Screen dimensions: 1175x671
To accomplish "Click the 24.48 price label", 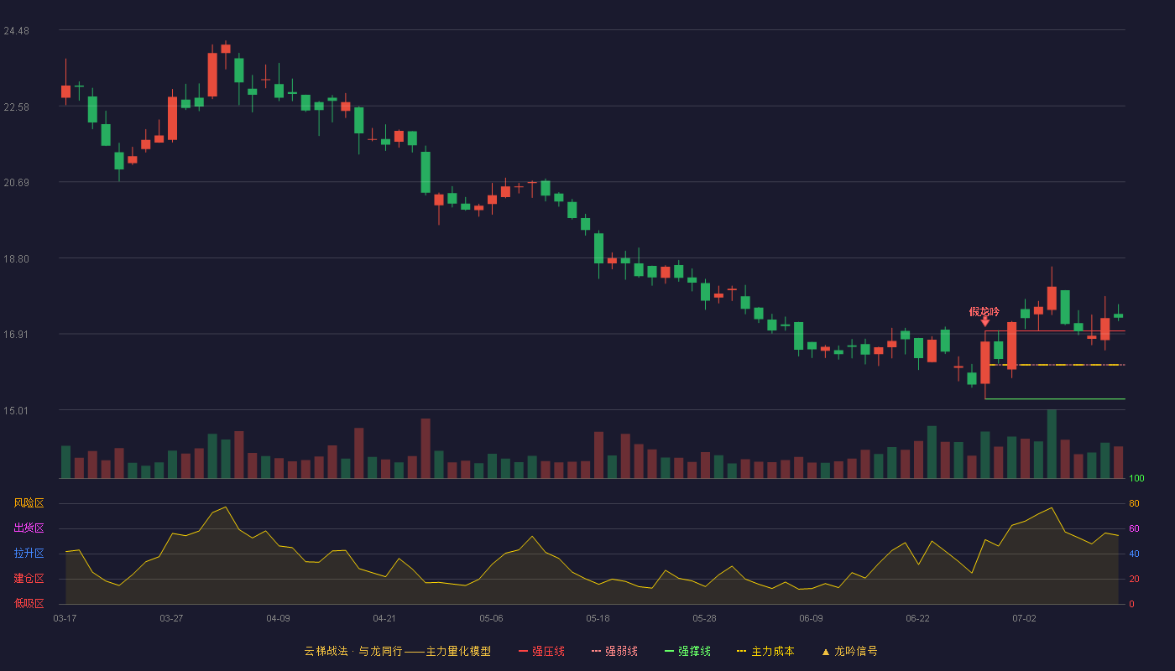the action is pyautogui.click(x=16, y=31).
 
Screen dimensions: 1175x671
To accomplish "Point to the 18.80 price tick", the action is pyautogui.click(x=16, y=259).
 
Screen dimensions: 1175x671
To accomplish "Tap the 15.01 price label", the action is pyautogui.click(x=16, y=410).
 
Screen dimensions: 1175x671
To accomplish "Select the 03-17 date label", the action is pyautogui.click(x=65, y=619).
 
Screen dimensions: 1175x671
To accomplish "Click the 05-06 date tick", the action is pyautogui.click(x=491, y=619).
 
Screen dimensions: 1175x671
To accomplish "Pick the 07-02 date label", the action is pyautogui.click(x=1025, y=619).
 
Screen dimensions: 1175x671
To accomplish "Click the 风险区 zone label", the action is pyautogui.click(x=29, y=503).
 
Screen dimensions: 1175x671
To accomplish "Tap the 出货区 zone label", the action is pyautogui.click(x=29, y=528).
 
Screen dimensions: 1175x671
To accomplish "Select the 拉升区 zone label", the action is pyautogui.click(x=29, y=553).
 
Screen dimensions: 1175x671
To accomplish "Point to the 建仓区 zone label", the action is pyautogui.click(x=29, y=578).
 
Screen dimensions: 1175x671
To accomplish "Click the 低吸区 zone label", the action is pyautogui.click(x=29, y=603).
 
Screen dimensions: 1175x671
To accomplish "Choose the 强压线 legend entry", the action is pyautogui.click(x=541, y=651).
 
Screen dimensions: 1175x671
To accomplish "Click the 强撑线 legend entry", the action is pyautogui.click(x=687, y=651).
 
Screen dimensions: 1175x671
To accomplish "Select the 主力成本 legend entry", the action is pyautogui.click(x=765, y=651).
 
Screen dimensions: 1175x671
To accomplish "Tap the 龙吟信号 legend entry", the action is pyautogui.click(x=849, y=651).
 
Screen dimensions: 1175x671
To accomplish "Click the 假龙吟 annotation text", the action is pyautogui.click(x=984, y=312).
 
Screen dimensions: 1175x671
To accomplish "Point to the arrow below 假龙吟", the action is pyautogui.click(x=985, y=322).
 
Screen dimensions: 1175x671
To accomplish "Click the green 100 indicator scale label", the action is pyautogui.click(x=1136, y=478).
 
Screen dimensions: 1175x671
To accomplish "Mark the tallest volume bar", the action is pyautogui.click(x=1052, y=444).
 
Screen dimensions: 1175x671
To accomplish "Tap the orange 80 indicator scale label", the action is pyautogui.click(x=1134, y=503).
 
